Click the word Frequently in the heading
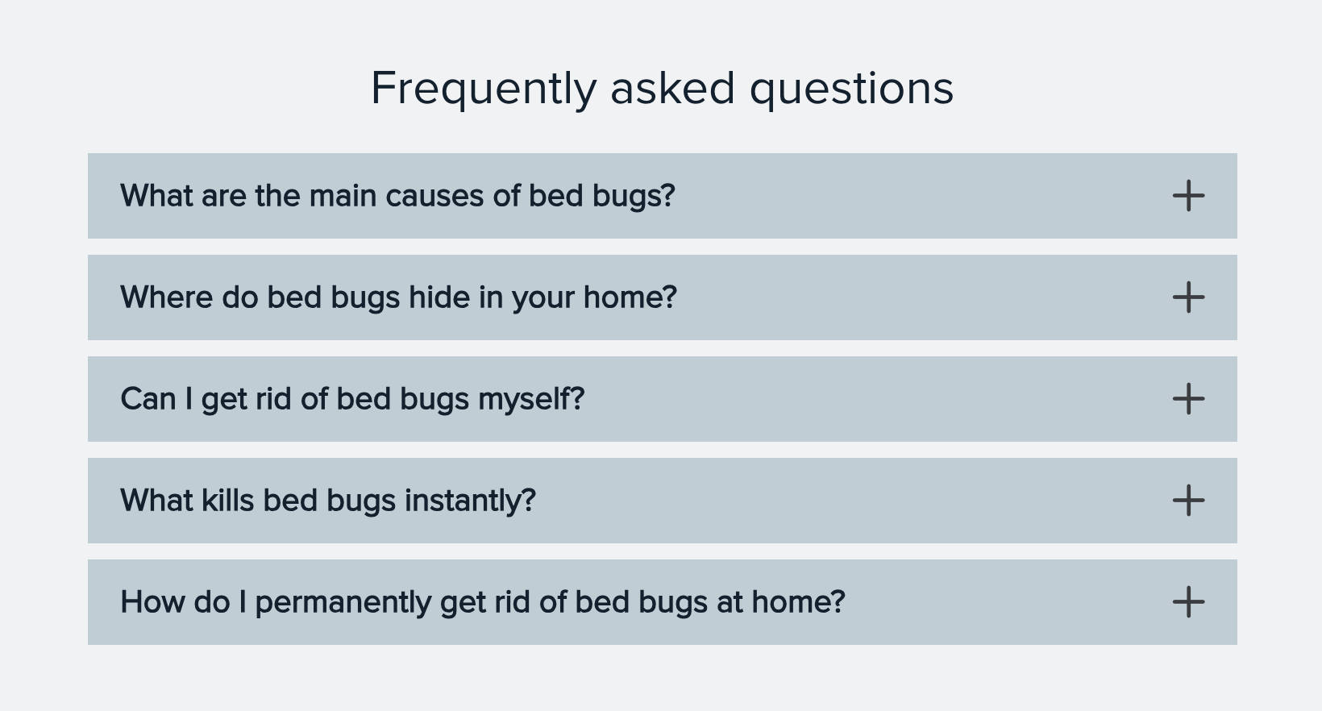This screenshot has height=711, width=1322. pos(484,89)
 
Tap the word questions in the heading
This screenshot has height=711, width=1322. pos(851,89)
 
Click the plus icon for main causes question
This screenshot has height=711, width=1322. pos(1188,196)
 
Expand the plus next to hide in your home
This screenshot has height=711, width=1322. pos(1188,297)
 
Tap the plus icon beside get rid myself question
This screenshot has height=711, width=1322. pos(1188,399)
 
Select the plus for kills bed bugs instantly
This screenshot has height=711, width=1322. pos(1188,501)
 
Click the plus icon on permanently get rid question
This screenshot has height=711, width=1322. pos(1188,602)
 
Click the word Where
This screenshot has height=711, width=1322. pos(166,297)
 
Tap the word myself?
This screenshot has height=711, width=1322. pos(531,400)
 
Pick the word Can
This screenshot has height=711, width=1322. pos(148,400)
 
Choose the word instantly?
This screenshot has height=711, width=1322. pos(471,501)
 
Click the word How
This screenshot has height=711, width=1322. pos(153,602)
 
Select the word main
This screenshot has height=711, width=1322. pos(343,196)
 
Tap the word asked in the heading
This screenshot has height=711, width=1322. pos(673,89)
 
